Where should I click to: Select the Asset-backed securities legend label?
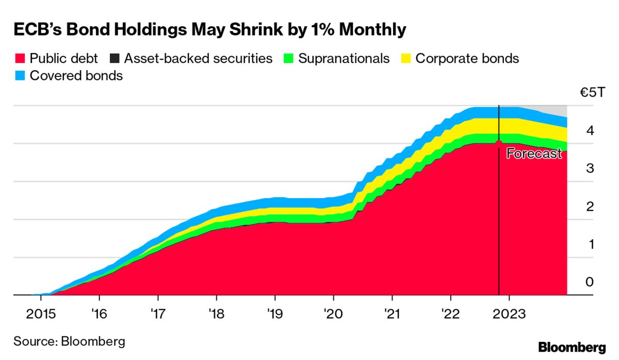(198, 59)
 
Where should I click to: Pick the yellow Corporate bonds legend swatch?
(406, 59)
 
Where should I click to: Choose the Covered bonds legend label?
(76, 76)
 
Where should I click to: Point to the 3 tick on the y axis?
(590, 169)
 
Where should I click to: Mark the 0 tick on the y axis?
(590, 282)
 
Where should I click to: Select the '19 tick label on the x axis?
(275, 314)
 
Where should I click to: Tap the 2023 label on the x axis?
(510, 314)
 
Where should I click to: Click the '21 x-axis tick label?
(392, 314)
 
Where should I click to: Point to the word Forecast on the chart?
(533, 153)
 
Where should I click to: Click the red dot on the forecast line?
(499, 142)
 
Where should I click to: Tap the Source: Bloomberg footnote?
(69, 341)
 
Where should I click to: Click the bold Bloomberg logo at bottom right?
(572, 347)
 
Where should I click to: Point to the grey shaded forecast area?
(552, 110)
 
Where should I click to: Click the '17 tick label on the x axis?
(158, 314)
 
